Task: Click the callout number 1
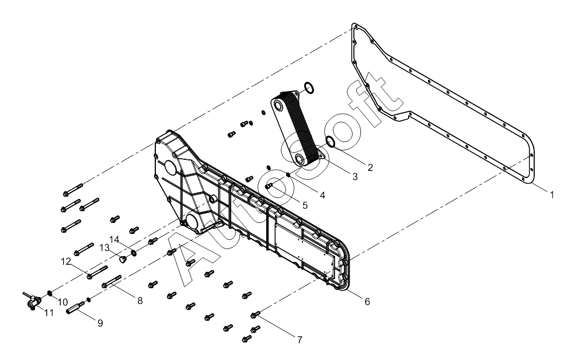coord(552,195)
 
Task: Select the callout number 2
coord(369,167)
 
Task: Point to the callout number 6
coord(366,302)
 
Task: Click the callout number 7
coord(300,340)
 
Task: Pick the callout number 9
coord(100,322)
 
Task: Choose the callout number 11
coord(49,313)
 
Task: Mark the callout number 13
coord(105,247)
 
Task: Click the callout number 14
coord(114,239)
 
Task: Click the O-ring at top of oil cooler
coord(309,89)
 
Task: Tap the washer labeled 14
coord(134,253)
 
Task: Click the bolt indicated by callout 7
coord(256,315)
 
